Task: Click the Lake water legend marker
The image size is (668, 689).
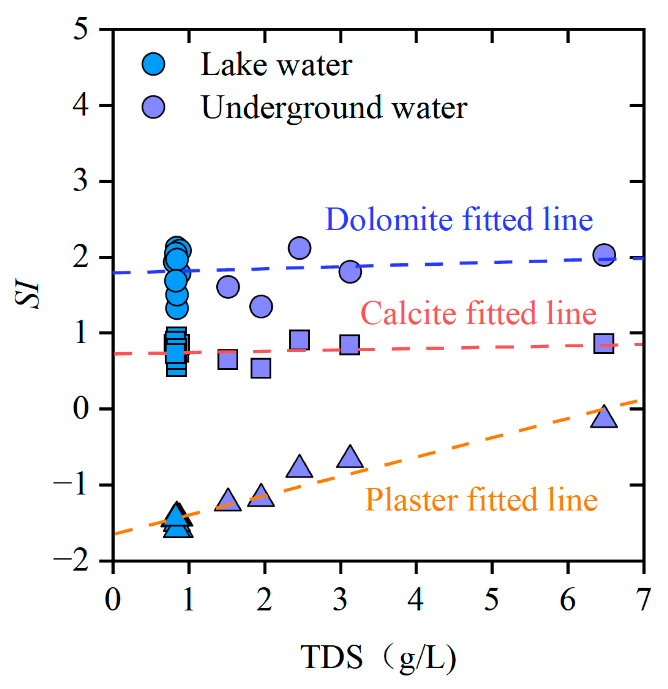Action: point(153,64)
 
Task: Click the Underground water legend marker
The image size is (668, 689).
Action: point(153,107)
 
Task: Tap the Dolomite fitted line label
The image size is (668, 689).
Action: point(459,220)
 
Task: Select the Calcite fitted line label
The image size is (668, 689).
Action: point(478,313)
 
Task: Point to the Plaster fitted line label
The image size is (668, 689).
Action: point(481,500)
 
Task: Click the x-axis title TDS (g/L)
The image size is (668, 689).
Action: point(378,657)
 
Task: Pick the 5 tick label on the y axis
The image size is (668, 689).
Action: point(80,29)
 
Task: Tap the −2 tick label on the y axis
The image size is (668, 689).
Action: point(71,561)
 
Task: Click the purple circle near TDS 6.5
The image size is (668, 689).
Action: point(604,255)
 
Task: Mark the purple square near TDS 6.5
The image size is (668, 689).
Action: point(604,343)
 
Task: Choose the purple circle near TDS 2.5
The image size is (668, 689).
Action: point(300,248)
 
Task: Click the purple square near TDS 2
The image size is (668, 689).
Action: point(261,368)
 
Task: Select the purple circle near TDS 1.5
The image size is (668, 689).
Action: point(228,287)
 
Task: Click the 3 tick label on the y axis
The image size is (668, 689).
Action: point(80,181)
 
